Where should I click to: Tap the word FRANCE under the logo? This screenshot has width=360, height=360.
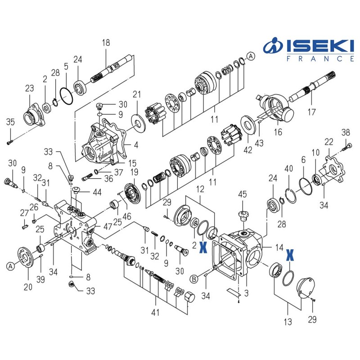click(x=320, y=58)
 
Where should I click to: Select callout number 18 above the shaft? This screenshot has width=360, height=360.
click(x=106, y=43)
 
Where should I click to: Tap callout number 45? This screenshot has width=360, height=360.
click(x=243, y=194)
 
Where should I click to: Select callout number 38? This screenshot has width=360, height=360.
click(x=345, y=132)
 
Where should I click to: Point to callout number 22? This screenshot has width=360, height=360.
click(x=329, y=142)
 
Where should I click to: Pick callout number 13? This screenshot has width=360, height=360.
click(x=288, y=322)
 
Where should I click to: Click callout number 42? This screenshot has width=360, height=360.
click(x=247, y=150)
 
